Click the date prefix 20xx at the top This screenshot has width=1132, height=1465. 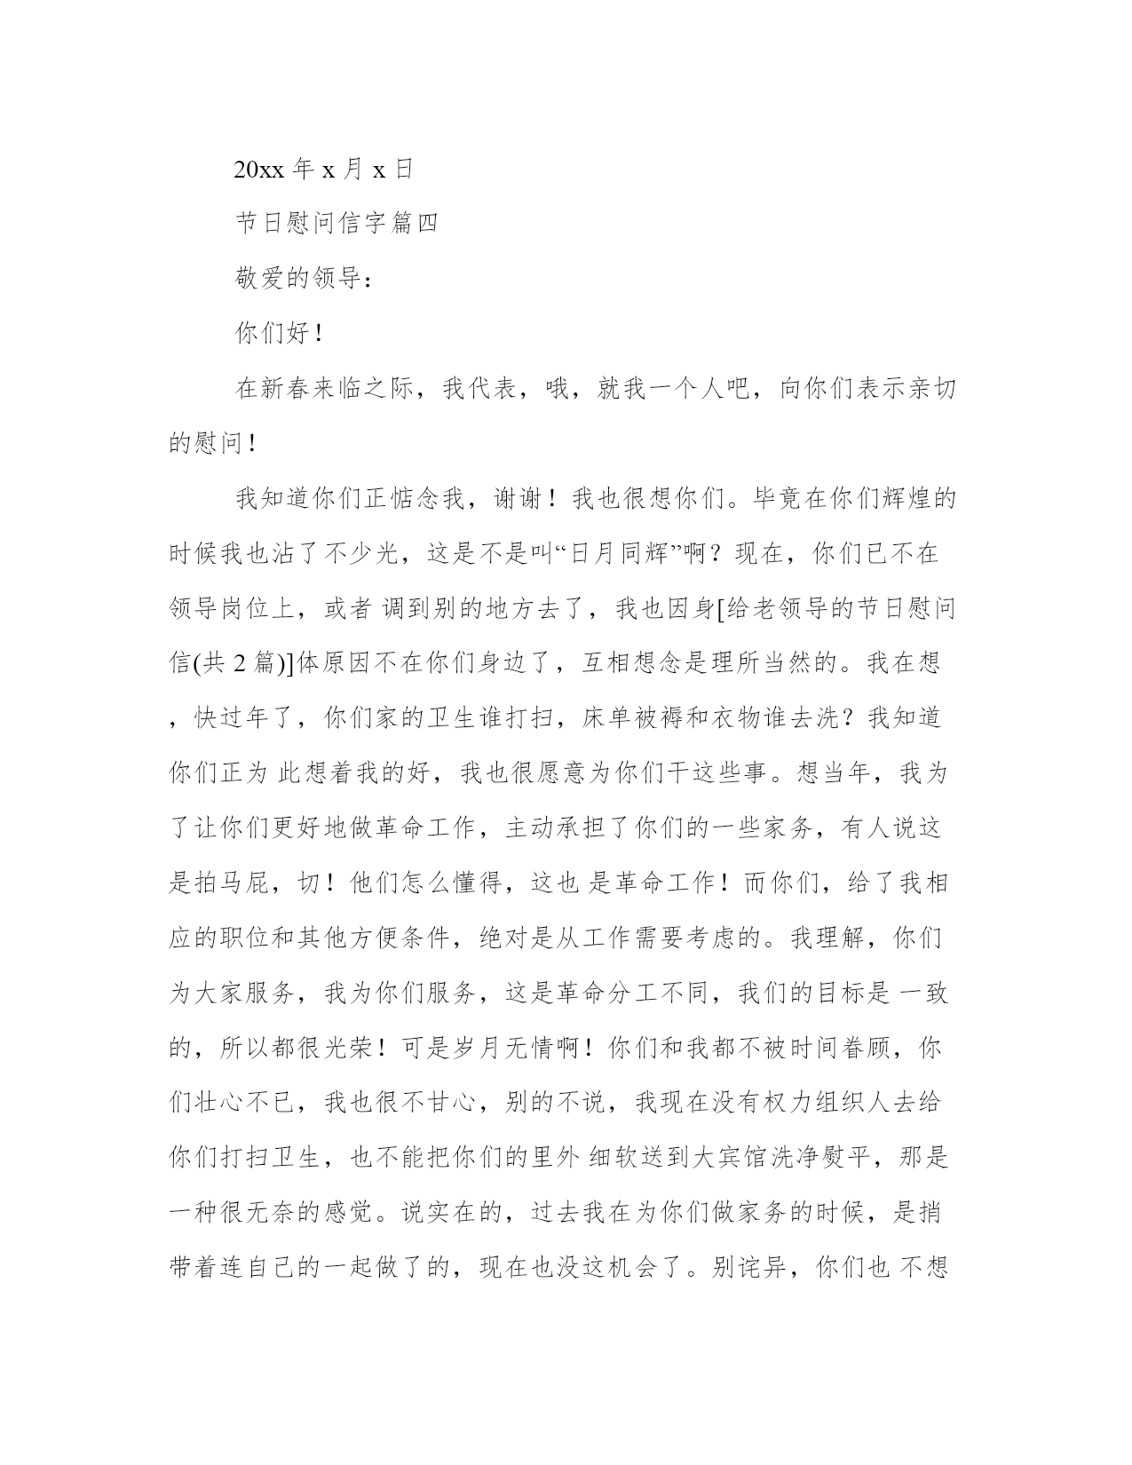pyautogui.click(x=259, y=170)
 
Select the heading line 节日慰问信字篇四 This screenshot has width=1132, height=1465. pyautogui.click(x=336, y=224)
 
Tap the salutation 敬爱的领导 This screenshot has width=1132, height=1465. pyautogui.click(x=298, y=279)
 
